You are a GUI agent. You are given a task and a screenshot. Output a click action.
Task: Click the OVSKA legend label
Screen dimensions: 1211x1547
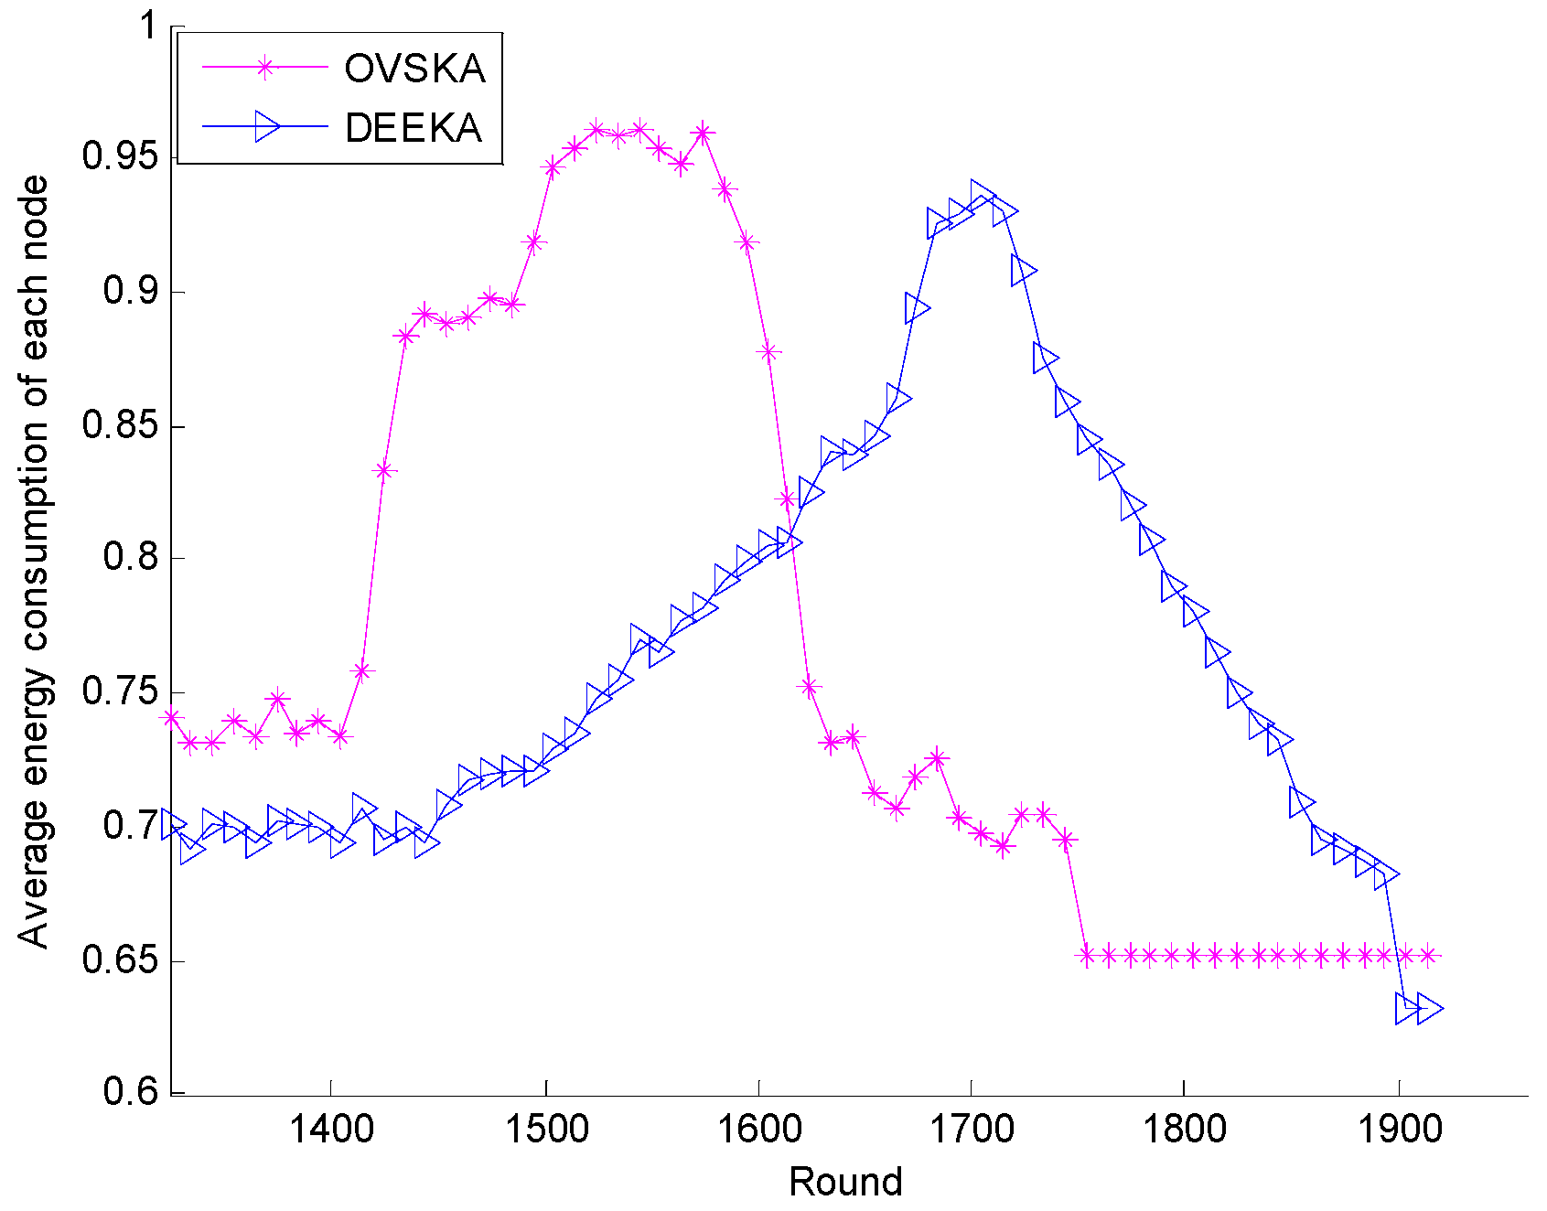[414, 69]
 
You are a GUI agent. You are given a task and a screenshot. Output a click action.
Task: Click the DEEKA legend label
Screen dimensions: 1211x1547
[414, 127]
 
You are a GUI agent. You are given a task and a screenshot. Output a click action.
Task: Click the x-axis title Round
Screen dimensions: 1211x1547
[845, 1182]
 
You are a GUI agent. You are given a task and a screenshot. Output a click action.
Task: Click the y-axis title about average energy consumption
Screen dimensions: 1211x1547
[34, 562]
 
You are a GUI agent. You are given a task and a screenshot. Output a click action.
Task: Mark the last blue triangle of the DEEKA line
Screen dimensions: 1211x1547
[1429, 1009]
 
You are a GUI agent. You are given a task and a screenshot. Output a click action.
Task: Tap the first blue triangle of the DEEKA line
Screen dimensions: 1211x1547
[172, 824]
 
